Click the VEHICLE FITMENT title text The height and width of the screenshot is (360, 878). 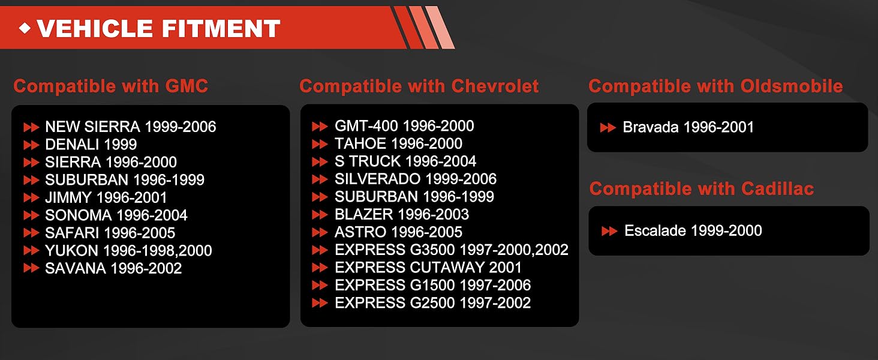(159, 29)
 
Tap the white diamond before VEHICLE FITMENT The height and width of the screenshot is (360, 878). (25, 28)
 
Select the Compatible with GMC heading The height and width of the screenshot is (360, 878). (111, 86)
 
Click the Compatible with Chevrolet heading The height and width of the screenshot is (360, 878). (419, 86)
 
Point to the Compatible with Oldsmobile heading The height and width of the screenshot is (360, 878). (715, 86)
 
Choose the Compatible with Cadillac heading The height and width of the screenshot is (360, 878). (702, 188)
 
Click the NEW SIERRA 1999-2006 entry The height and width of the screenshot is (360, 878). (131, 127)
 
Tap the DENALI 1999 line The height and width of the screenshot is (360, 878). (91, 145)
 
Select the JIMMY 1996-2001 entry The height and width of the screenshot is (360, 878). (106, 197)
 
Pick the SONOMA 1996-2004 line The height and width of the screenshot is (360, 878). (116, 215)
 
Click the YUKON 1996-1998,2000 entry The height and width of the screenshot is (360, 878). (128, 250)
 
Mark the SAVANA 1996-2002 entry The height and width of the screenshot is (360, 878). (114, 268)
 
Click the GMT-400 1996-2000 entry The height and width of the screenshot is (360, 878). (404, 126)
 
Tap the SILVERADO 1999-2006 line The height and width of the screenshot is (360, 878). (416, 179)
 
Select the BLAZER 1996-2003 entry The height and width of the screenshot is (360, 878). (402, 214)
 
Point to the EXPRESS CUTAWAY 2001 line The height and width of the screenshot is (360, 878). (428, 268)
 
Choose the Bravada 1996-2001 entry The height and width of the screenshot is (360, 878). (688, 127)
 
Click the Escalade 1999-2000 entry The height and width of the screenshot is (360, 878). (693, 230)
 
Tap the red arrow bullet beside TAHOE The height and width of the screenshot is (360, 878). (320, 144)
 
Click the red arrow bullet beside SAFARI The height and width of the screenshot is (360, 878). (31, 233)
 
